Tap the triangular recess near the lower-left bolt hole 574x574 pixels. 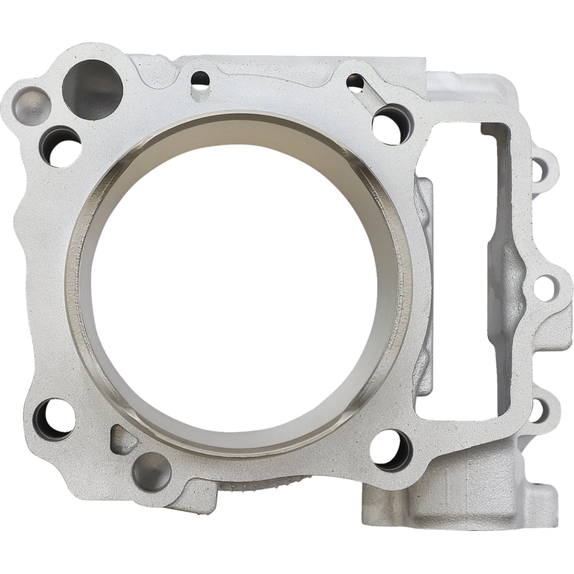pyautogui.click(x=120, y=436)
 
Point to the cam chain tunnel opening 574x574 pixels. pyautogui.click(x=470, y=273)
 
